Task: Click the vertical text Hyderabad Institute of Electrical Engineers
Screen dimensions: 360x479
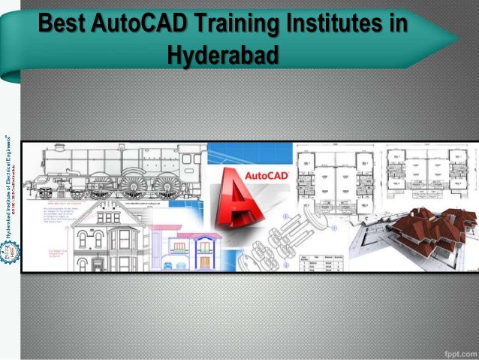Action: [8, 188]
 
